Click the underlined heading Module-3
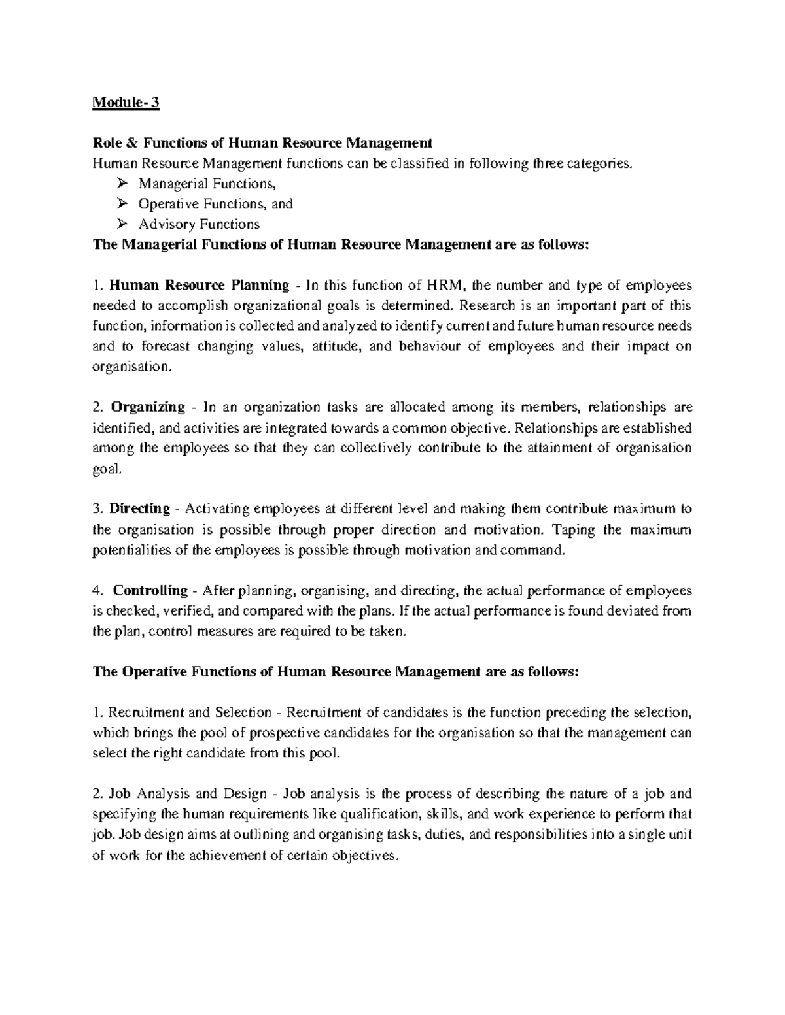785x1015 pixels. (126, 103)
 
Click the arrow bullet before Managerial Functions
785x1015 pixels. (121, 184)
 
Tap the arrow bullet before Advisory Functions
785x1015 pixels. (121, 224)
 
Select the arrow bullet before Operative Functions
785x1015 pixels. (121, 204)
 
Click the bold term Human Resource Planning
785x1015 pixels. (199, 285)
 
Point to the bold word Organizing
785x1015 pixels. (148, 407)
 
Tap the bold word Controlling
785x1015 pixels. (150, 590)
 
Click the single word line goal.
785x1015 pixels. (107, 469)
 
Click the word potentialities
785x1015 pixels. (133, 550)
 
